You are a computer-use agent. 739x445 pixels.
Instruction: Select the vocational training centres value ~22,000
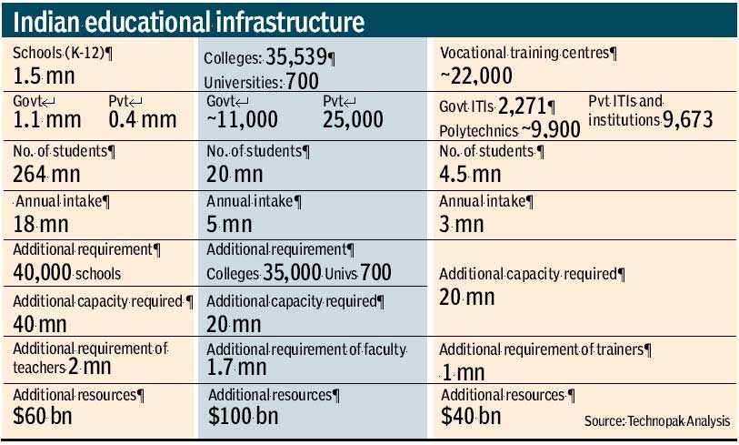(x=476, y=75)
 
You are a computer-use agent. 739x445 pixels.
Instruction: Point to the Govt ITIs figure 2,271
(x=522, y=107)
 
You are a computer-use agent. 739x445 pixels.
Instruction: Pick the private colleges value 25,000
(x=354, y=119)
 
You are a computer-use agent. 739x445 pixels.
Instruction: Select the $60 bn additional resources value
(x=38, y=417)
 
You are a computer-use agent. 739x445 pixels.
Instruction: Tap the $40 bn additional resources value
(x=471, y=416)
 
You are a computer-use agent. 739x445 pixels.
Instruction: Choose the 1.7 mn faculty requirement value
(x=236, y=367)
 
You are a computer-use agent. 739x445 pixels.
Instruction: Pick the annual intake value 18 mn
(x=40, y=223)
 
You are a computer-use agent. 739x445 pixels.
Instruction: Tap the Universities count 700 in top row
(x=303, y=83)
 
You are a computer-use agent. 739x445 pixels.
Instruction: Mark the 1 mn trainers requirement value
(x=464, y=371)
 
